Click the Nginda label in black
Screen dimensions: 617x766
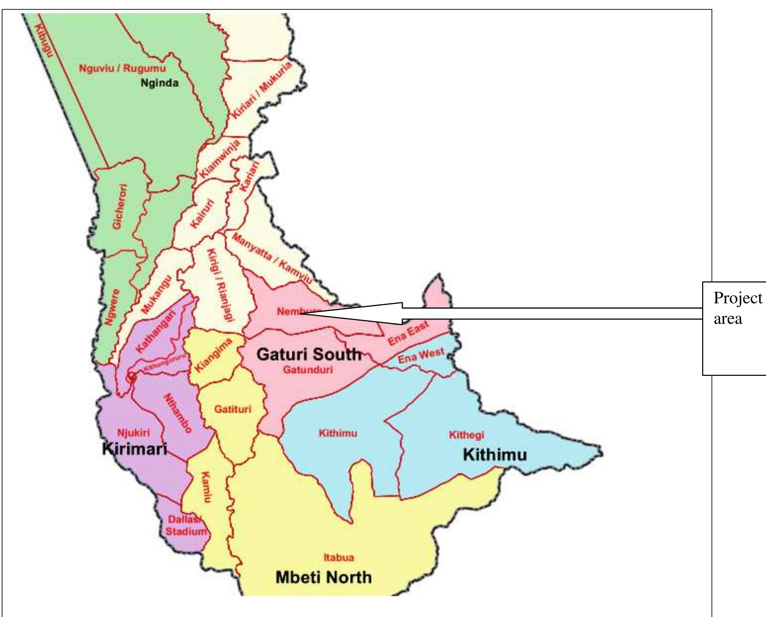coord(160,83)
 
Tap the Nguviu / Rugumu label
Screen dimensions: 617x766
coord(122,68)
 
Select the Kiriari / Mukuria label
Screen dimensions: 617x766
coord(262,90)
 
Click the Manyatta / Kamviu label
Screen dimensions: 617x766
coord(272,259)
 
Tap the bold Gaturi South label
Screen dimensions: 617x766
coord(309,354)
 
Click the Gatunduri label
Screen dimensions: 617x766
coord(308,370)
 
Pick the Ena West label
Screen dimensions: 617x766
coord(421,356)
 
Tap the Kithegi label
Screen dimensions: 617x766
coord(466,435)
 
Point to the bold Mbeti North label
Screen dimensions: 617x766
coord(323,577)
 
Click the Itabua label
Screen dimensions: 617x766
coord(339,558)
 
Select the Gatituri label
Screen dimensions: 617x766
coord(232,409)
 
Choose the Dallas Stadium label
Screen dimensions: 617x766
coord(186,526)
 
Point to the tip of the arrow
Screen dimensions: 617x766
coord(300,314)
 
